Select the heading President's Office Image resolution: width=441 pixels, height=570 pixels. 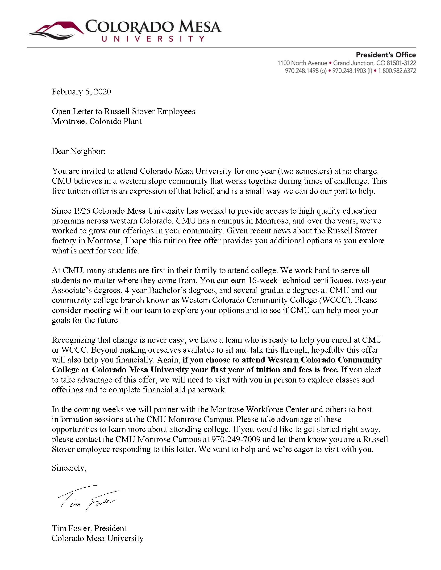386,55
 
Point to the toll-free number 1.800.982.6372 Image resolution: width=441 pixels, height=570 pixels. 397,71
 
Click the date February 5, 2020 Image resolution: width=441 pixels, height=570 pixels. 81,92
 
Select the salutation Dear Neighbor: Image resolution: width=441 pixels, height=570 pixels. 78,151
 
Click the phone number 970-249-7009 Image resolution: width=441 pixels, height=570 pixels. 236,439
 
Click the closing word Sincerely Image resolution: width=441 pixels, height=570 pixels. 69,468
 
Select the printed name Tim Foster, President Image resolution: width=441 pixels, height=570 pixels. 89,528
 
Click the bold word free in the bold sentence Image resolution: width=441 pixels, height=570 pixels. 330,370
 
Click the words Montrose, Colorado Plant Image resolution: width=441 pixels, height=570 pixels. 96,121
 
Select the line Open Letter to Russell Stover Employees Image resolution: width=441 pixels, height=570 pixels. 123,111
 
